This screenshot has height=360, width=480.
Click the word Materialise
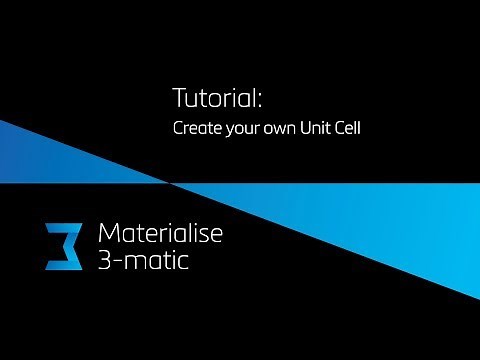click(x=160, y=235)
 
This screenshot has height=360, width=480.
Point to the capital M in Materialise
click(x=109, y=235)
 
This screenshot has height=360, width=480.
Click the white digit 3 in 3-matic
click(x=105, y=265)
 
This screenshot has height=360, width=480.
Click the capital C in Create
click(x=178, y=128)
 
